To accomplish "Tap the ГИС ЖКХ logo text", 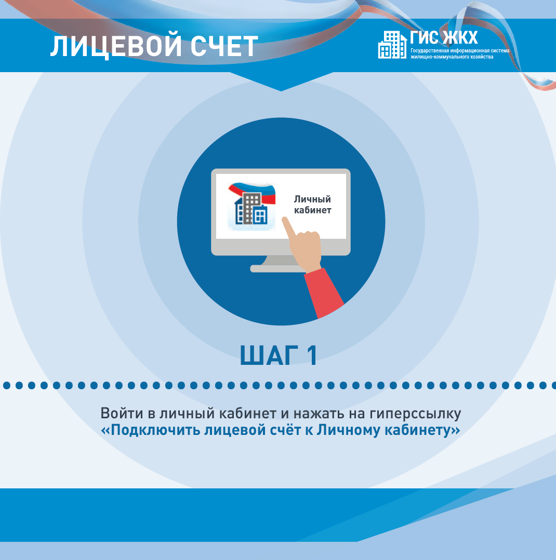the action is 444,37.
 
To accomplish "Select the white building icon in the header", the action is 392,45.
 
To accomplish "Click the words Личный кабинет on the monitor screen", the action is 312,204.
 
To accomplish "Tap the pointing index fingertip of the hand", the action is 285,220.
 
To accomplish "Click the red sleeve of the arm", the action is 324,293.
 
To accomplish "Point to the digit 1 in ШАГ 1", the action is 312,356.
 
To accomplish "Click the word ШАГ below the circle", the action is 269,356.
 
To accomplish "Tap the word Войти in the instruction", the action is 122,414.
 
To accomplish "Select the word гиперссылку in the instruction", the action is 416,414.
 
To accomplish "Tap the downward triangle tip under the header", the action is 281,91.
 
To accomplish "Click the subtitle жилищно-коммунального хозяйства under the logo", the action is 452,57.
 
